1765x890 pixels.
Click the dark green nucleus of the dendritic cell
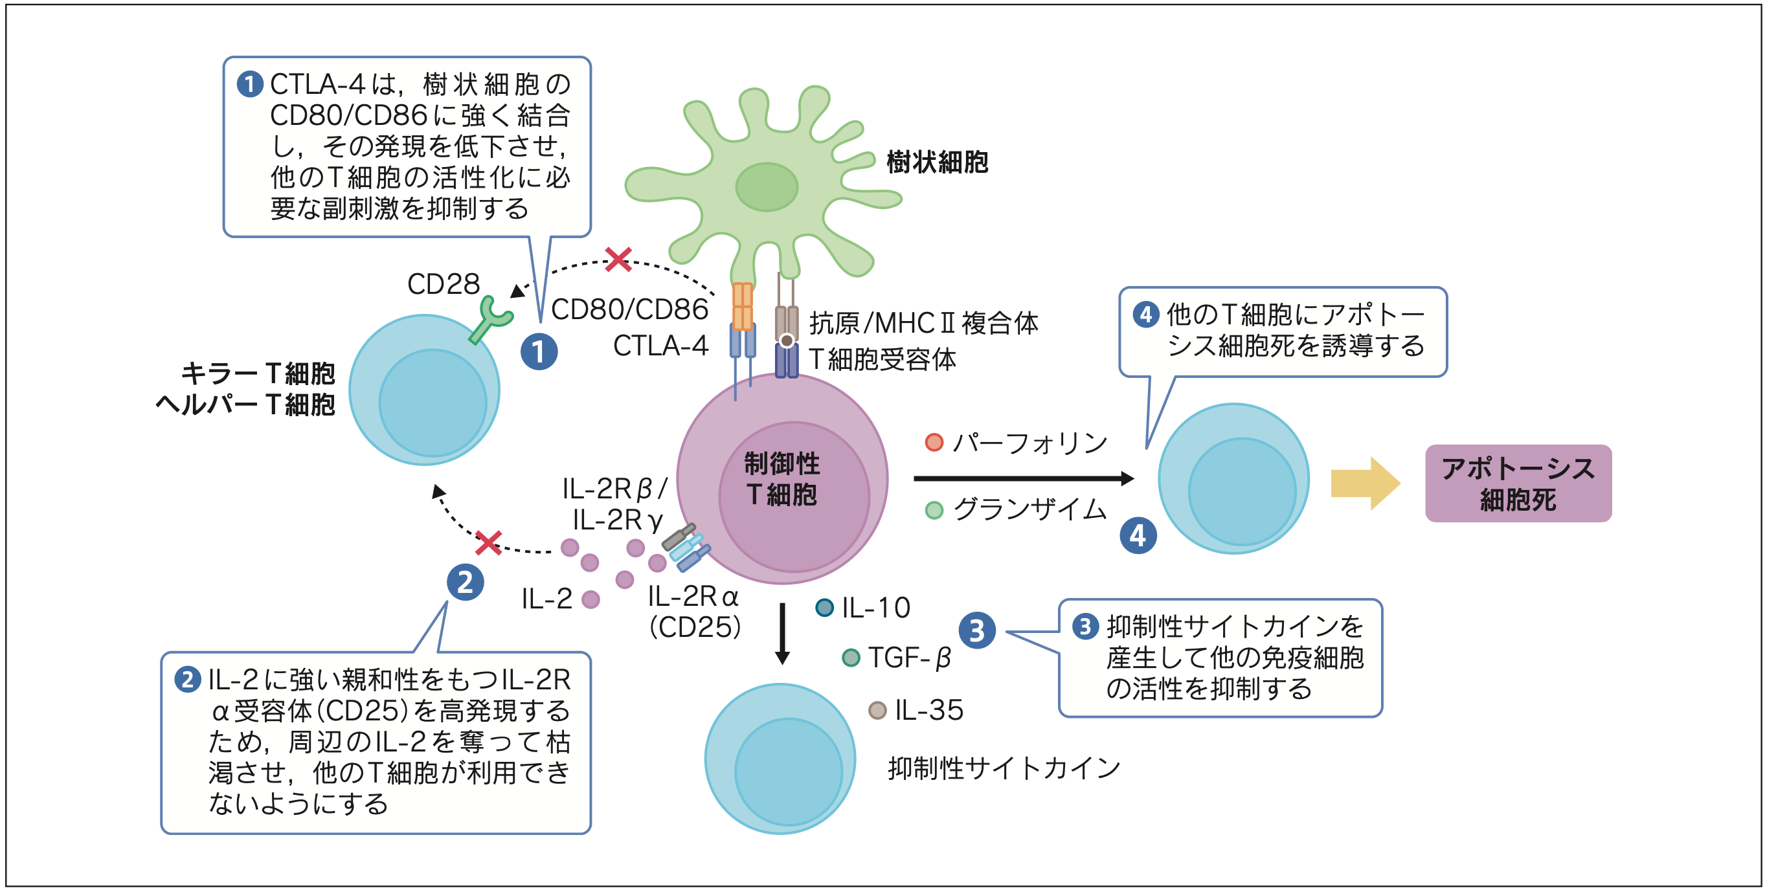767,187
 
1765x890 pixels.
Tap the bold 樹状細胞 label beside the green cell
937,162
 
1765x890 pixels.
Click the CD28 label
444,284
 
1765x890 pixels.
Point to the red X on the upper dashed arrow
618,260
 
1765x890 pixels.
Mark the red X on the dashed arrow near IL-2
489,542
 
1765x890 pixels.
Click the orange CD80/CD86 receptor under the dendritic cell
743,306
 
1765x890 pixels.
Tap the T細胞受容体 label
882,359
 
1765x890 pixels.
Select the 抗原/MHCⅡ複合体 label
923,323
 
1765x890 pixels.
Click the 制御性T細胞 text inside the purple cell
781,479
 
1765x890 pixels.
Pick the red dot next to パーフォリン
934,443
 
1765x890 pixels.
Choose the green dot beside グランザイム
934,510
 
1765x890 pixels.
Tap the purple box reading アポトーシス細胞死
1518,484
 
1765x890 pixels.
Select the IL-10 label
875,608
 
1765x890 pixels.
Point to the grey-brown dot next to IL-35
878,710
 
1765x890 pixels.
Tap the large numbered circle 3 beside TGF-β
977,630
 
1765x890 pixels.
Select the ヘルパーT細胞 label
245,405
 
